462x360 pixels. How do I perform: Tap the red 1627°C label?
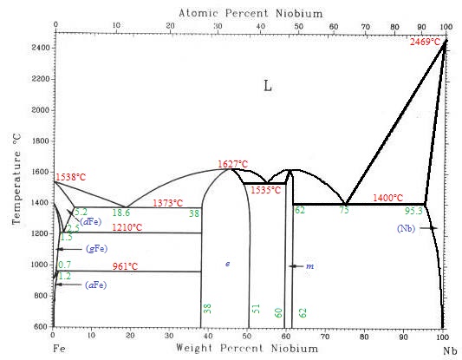[x=232, y=163]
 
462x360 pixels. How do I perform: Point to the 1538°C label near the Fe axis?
[x=71, y=177]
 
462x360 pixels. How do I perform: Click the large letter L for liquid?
[x=268, y=85]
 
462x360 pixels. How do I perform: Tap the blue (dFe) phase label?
[x=92, y=222]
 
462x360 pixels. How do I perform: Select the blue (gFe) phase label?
[x=96, y=249]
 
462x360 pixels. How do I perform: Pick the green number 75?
[x=344, y=210]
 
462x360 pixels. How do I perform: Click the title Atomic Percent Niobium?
[x=238, y=13]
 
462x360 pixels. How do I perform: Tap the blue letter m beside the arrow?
[x=309, y=267]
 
